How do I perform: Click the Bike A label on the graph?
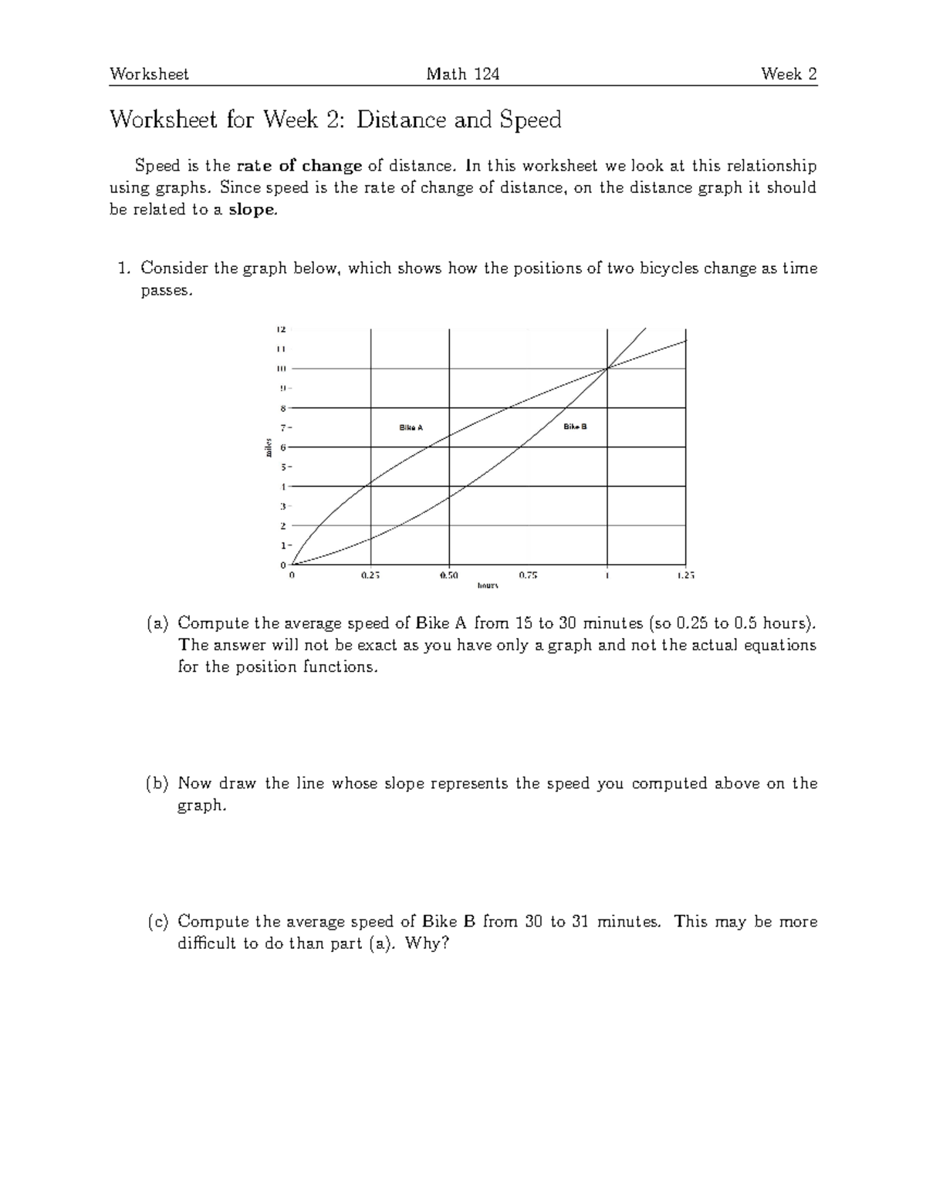[x=411, y=427]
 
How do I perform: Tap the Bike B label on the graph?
[x=575, y=427]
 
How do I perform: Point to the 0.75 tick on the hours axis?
[x=528, y=575]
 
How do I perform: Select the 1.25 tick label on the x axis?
[x=685, y=575]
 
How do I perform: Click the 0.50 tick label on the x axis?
[x=449, y=575]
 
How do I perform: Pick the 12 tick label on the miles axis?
[x=281, y=330]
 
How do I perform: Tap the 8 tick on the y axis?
[x=283, y=408]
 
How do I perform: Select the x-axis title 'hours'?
[x=488, y=586]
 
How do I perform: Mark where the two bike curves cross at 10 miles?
[x=607, y=369]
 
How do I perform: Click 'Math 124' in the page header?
[x=463, y=74]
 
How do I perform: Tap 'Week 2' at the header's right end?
[x=789, y=74]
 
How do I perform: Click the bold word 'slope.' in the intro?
[x=252, y=210]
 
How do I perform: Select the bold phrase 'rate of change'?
[x=299, y=166]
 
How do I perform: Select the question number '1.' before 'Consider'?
[x=123, y=268]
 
